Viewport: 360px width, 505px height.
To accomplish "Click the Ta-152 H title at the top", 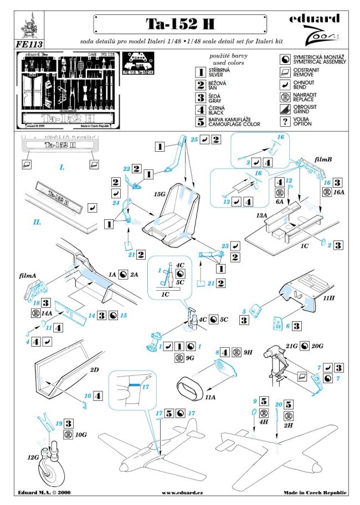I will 180,23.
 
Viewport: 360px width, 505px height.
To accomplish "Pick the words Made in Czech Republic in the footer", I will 315,492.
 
